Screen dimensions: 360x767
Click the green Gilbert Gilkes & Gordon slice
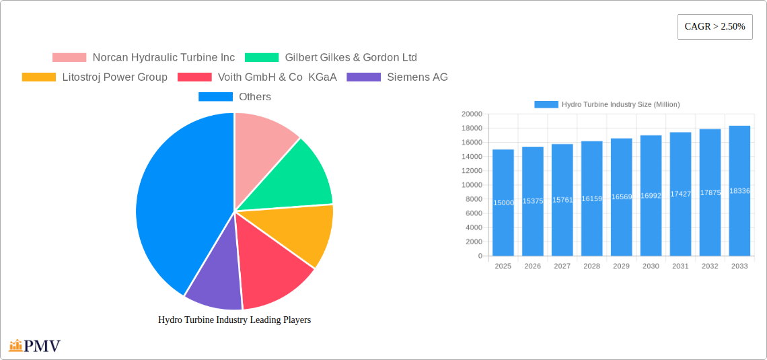pos(296,175)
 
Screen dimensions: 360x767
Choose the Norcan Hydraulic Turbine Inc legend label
pos(163,58)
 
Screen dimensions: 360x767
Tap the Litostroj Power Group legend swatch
pos(39,77)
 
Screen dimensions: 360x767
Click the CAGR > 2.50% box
pos(715,27)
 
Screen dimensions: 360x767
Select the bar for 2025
pos(503,203)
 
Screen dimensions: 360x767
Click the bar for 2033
pos(739,191)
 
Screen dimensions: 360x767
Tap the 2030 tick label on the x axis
pos(651,266)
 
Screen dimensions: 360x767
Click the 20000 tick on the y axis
pos(471,114)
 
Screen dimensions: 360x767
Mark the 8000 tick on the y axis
pos(473,199)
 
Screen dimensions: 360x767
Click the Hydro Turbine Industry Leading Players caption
pos(234,320)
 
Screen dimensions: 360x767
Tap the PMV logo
pos(35,347)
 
